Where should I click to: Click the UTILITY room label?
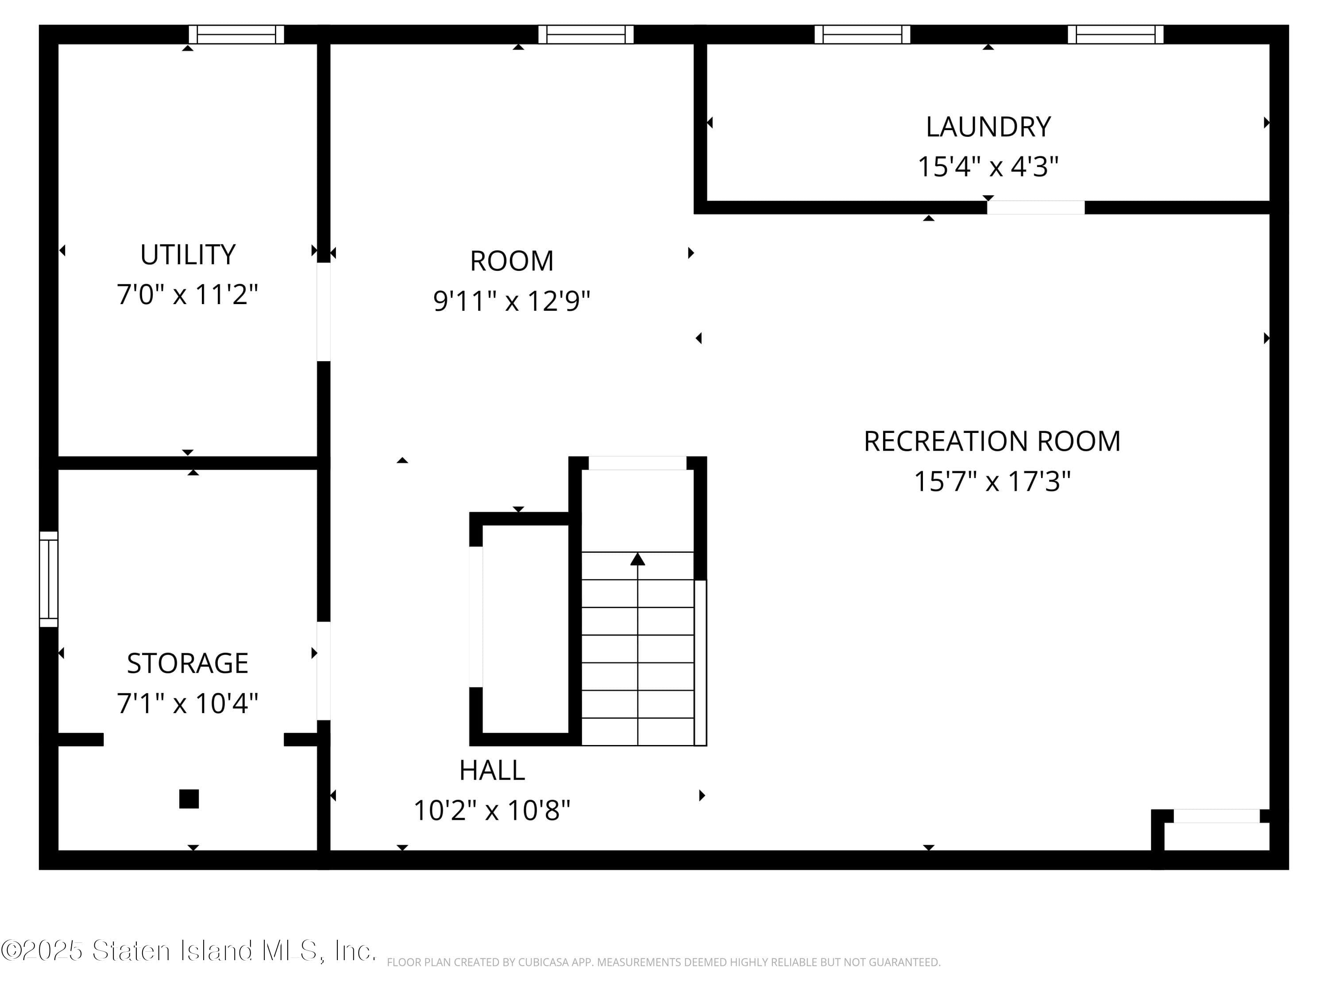tap(187, 255)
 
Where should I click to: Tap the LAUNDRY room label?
tap(988, 127)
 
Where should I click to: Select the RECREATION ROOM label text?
tap(992, 441)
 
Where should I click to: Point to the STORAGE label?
tap(187, 664)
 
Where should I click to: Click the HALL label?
tap(492, 770)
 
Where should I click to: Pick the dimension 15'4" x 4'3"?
tap(988, 166)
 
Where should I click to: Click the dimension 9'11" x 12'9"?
tap(512, 301)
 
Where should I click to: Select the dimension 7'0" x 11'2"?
tap(187, 295)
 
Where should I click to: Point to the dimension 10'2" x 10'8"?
tap(492, 811)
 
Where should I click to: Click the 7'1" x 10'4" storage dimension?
tap(187, 703)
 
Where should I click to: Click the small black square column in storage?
tap(189, 799)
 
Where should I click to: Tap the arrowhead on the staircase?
tap(637, 560)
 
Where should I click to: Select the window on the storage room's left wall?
tap(49, 579)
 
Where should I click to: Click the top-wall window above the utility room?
tap(236, 34)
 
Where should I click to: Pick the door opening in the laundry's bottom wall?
tap(1036, 208)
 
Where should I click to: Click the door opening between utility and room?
tap(324, 312)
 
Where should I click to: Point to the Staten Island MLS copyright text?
tap(188, 950)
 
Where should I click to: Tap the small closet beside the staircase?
tap(525, 629)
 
